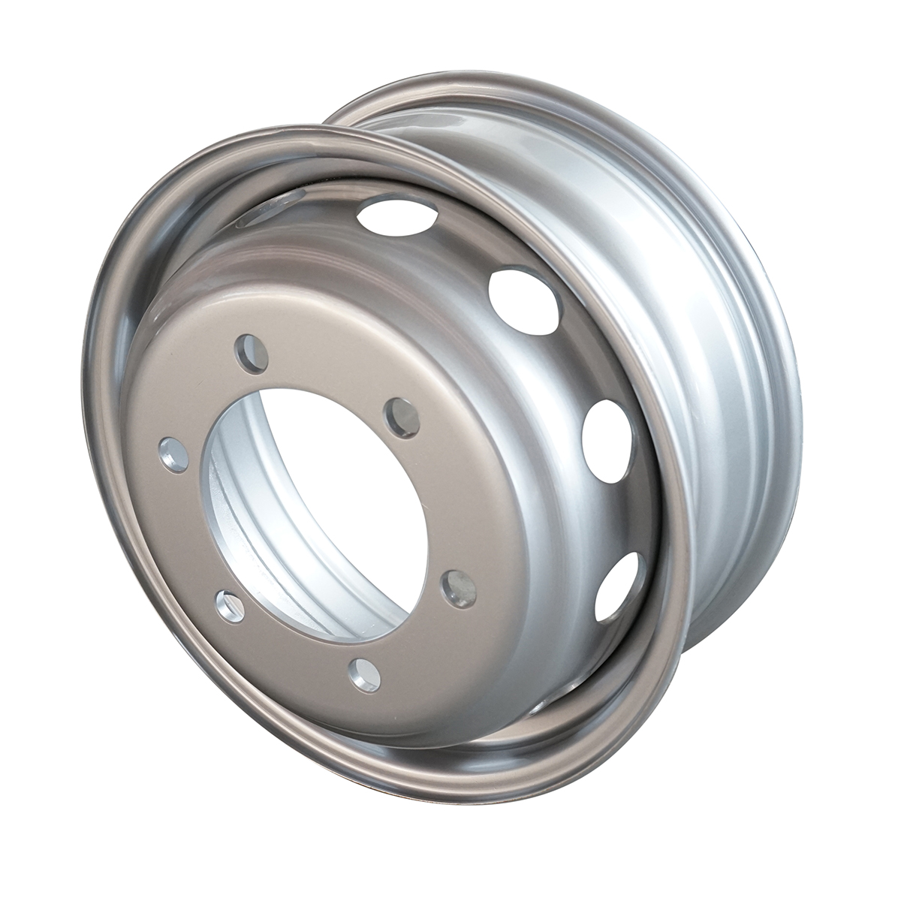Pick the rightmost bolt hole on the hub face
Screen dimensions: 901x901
coord(458,589)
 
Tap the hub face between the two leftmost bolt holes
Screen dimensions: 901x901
coord(191,529)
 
